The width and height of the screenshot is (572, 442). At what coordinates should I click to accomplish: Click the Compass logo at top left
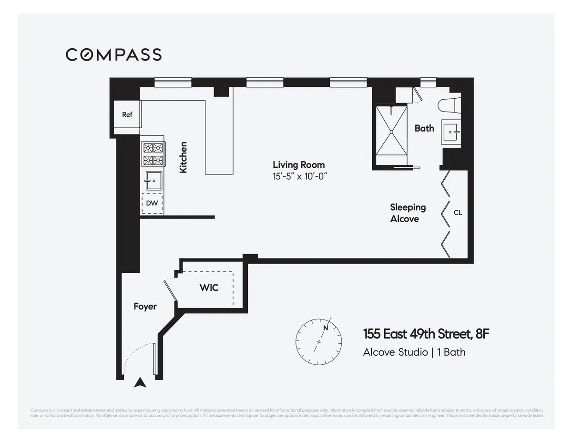tap(113, 54)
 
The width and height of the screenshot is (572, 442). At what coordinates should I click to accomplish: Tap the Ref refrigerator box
tap(127, 115)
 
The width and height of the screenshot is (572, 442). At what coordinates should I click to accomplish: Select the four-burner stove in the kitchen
tap(153, 154)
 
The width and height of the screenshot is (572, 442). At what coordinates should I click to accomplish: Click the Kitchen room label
tap(183, 157)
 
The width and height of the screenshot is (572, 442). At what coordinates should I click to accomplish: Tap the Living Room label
tap(298, 165)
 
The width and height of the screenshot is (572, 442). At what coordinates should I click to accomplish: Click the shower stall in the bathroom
tap(391, 131)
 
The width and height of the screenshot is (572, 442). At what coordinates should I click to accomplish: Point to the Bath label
tap(424, 128)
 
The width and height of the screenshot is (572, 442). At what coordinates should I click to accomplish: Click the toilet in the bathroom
tap(450, 104)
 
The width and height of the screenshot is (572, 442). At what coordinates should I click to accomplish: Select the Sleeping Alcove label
tap(407, 213)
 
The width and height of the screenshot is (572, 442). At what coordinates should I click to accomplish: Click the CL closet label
tap(458, 213)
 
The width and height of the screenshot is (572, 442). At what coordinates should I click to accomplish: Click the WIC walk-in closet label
tap(209, 288)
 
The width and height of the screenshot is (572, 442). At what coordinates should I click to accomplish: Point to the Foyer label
tap(145, 307)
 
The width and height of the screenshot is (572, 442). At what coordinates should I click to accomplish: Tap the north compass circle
tap(318, 341)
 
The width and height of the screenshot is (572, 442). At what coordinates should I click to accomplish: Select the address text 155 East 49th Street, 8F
tap(426, 334)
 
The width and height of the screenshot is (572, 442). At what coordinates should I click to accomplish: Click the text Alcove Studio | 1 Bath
tap(414, 352)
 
